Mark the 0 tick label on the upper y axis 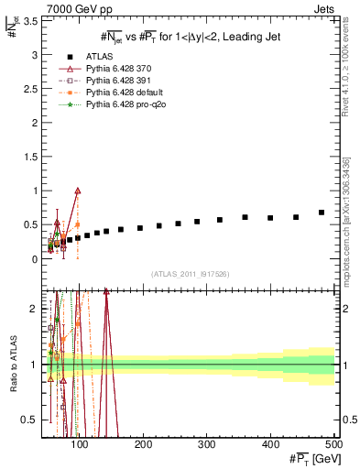37,259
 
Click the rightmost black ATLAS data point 322,213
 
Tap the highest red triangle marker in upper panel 78,191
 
